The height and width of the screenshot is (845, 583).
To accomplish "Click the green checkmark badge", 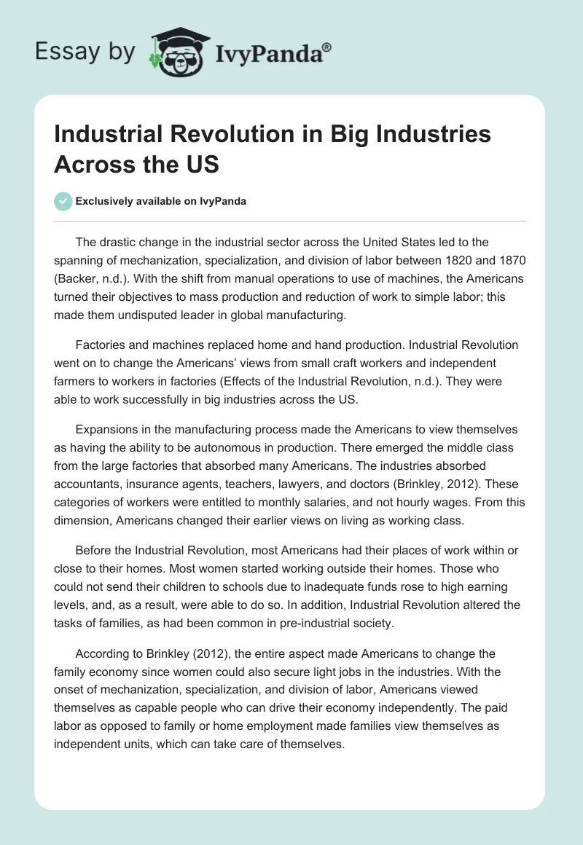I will (x=63, y=201).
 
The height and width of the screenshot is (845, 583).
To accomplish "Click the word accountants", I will (x=87, y=483).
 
